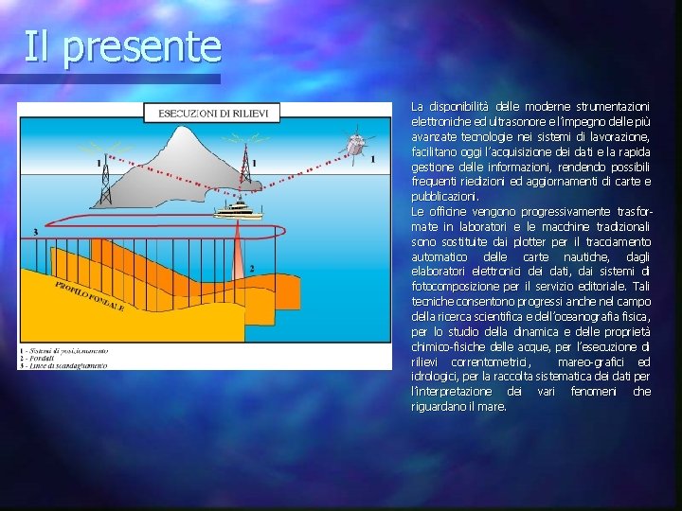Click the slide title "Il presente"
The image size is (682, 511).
(122, 45)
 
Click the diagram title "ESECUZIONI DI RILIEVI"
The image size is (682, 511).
(213, 114)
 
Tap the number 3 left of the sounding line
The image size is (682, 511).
(35, 232)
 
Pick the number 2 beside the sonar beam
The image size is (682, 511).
(251, 269)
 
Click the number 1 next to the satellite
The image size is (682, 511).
(372, 159)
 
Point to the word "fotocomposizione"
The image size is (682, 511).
(456, 287)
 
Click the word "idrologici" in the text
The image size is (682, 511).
(438, 377)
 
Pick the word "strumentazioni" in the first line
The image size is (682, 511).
(613, 106)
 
